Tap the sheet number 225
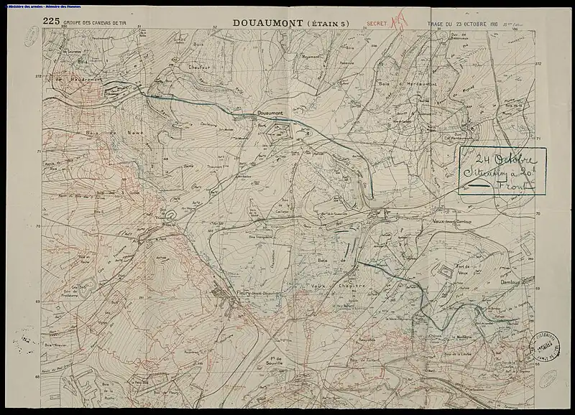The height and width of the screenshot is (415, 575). [50, 22]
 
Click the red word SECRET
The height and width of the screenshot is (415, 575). [377, 24]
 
